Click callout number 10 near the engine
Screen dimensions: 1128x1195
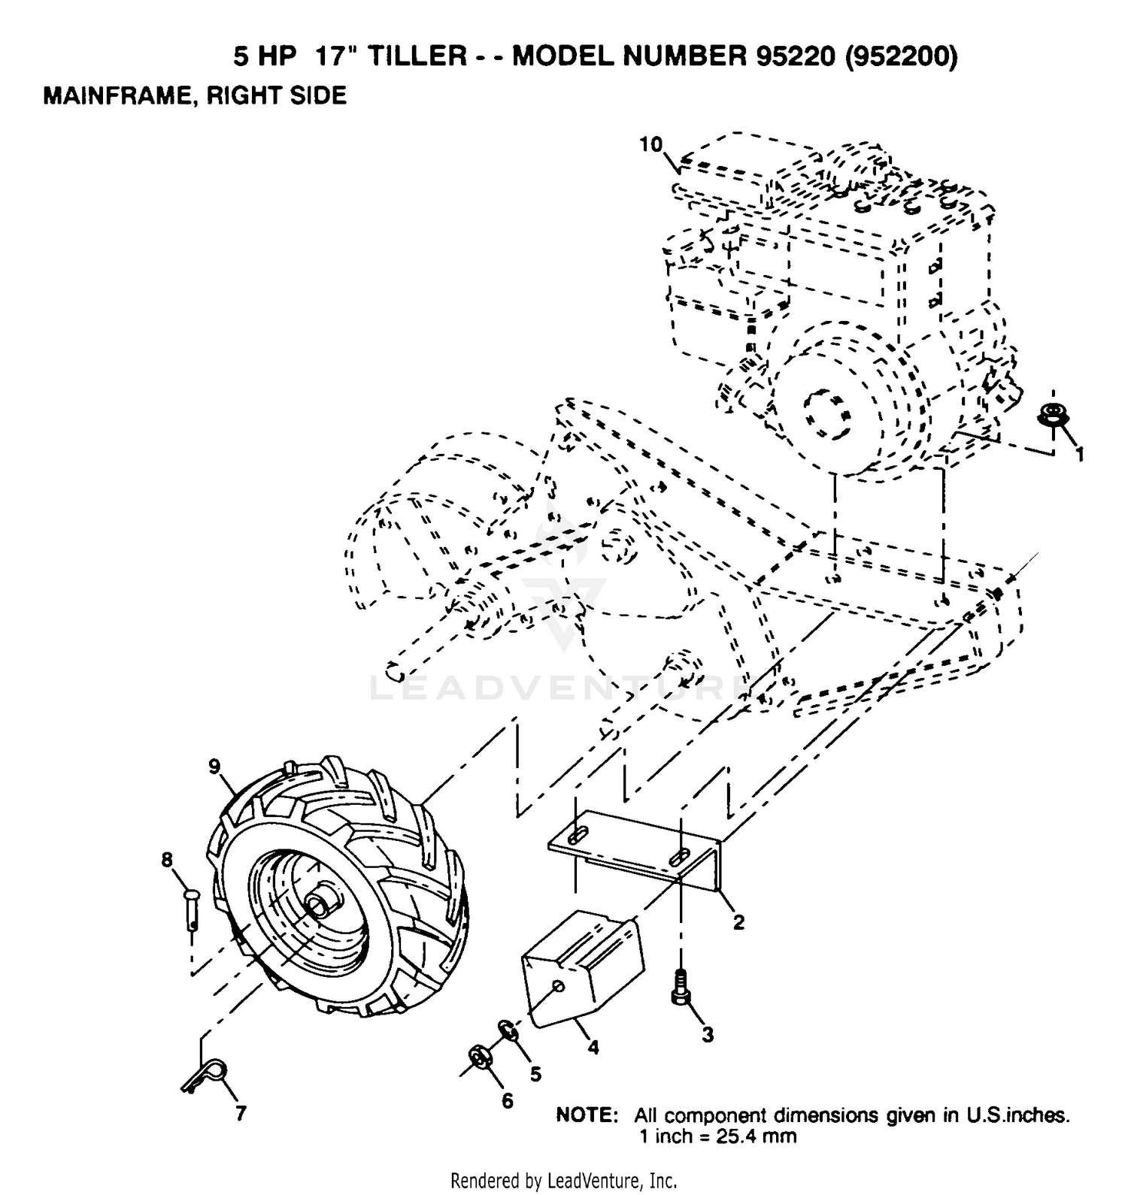652,144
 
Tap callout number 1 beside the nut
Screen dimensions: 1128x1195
1080,455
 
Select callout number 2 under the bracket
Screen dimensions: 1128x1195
738,921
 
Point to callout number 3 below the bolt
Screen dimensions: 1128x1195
708,1035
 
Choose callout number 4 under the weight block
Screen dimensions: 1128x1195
593,1047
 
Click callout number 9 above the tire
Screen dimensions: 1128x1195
215,767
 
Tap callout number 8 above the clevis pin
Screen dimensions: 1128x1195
167,858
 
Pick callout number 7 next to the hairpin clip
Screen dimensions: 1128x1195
241,1114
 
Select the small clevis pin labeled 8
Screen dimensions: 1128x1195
193,909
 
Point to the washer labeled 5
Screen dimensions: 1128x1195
507,1030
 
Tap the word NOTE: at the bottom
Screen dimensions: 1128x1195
587,1115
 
